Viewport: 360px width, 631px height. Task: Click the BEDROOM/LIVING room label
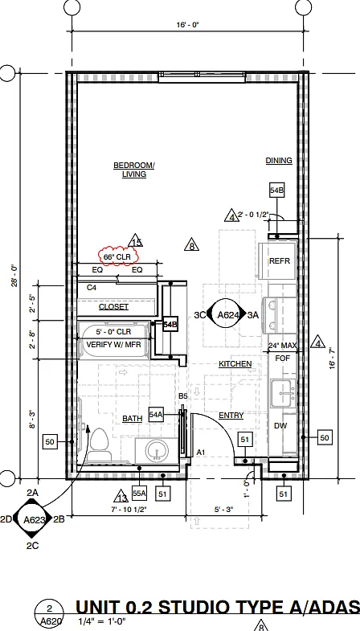coord(134,170)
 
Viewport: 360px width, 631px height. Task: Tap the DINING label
coord(279,161)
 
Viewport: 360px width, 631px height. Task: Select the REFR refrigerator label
coord(279,261)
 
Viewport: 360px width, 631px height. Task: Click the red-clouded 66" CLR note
coord(117,256)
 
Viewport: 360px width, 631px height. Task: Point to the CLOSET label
coord(113,307)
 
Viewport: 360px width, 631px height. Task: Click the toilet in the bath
coord(98,445)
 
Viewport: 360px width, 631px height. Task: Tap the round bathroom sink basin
coord(157,450)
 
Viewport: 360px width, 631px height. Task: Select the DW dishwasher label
coord(280,426)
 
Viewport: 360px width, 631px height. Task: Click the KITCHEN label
coord(235,364)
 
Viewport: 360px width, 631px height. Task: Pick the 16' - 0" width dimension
coord(187,25)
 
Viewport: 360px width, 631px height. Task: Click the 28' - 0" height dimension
coord(15,276)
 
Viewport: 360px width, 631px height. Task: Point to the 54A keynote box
coord(156,415)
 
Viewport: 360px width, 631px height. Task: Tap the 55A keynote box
coord(140,493)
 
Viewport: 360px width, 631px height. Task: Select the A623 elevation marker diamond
coord(34,519)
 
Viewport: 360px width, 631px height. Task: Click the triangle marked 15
coord(136,241)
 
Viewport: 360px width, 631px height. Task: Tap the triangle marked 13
coord(121,497)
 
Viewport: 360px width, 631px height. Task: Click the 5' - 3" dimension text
coord(224,509)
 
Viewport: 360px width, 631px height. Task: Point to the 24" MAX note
coord(283,346)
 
